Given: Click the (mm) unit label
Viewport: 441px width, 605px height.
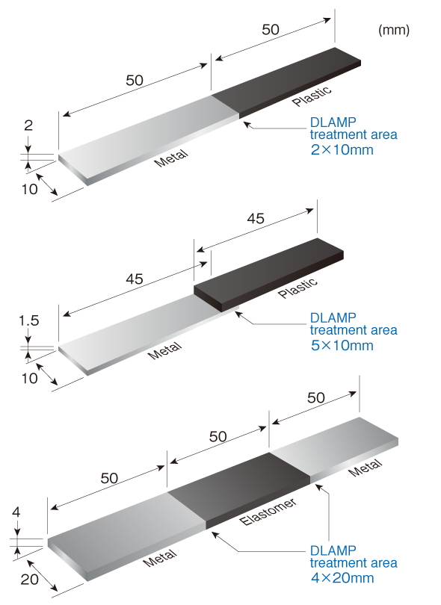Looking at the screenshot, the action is click(393, 30).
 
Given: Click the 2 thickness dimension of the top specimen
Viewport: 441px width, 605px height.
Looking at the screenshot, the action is click(28, 125).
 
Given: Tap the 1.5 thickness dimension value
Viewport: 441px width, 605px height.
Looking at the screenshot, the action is click(29, 320).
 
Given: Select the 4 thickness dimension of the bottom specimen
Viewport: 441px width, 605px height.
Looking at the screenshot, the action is click(16, 512).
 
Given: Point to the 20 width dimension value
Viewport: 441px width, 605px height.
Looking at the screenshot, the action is click(29, 579).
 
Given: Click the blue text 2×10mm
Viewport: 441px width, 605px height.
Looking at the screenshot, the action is click(342, 149).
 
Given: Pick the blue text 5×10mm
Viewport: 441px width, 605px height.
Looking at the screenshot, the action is click(342, 345).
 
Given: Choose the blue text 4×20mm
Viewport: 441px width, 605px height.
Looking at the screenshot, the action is click(342, 578).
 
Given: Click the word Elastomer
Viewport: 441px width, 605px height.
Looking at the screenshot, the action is click(268, 512).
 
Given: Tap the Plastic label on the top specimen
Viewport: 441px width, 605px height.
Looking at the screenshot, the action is click(312, 96).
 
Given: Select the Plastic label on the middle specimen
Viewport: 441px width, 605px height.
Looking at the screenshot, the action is click(297, 288).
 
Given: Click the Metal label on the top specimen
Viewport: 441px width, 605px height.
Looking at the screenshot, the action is click(171, 158).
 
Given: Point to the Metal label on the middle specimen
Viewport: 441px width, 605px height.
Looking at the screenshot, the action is click(164, 350).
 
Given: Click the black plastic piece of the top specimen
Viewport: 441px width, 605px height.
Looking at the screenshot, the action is click(286, 83).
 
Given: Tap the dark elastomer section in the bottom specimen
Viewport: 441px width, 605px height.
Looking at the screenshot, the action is click(238, 491).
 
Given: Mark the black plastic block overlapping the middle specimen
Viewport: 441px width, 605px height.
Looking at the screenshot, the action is click(268, 275).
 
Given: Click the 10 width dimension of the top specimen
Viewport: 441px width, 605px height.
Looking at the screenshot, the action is click(29, 189).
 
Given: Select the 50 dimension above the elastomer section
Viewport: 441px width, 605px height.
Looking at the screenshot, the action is click(218, 437).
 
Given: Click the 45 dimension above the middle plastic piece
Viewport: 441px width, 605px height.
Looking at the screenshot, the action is click(256, 219).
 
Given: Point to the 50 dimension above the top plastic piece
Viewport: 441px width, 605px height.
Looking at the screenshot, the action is click(271, 30).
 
